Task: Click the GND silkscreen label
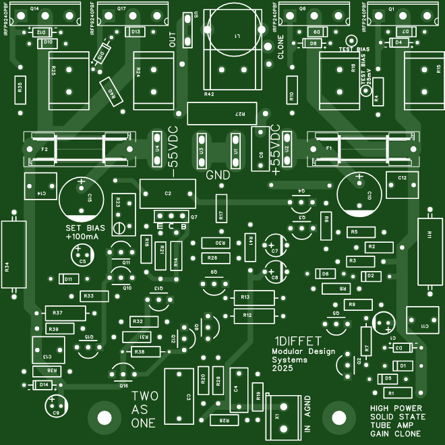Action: click(x=218, y=175)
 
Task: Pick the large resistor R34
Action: click(x=11, y=254)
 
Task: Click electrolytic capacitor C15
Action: click(x=81, y=200)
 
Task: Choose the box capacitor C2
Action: click(x=167, y=194)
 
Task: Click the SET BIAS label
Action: click(x=82, y=229)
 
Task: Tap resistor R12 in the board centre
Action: click(x=250, y=315)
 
